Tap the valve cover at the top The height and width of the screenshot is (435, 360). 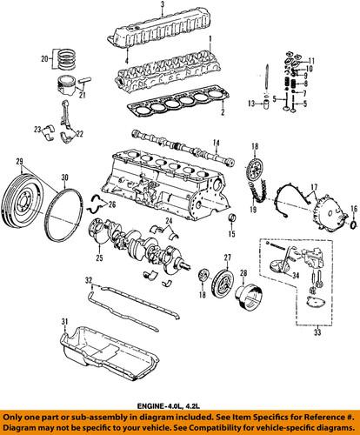pyautogui.click(x=165, y=36)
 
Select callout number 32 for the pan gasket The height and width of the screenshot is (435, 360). pyautogui.click(x=88, y=280)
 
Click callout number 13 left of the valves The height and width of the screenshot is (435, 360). pyautogui.click(x=250, y=104)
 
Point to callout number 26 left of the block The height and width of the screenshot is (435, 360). pyautogui.click(x=110, y=204)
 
